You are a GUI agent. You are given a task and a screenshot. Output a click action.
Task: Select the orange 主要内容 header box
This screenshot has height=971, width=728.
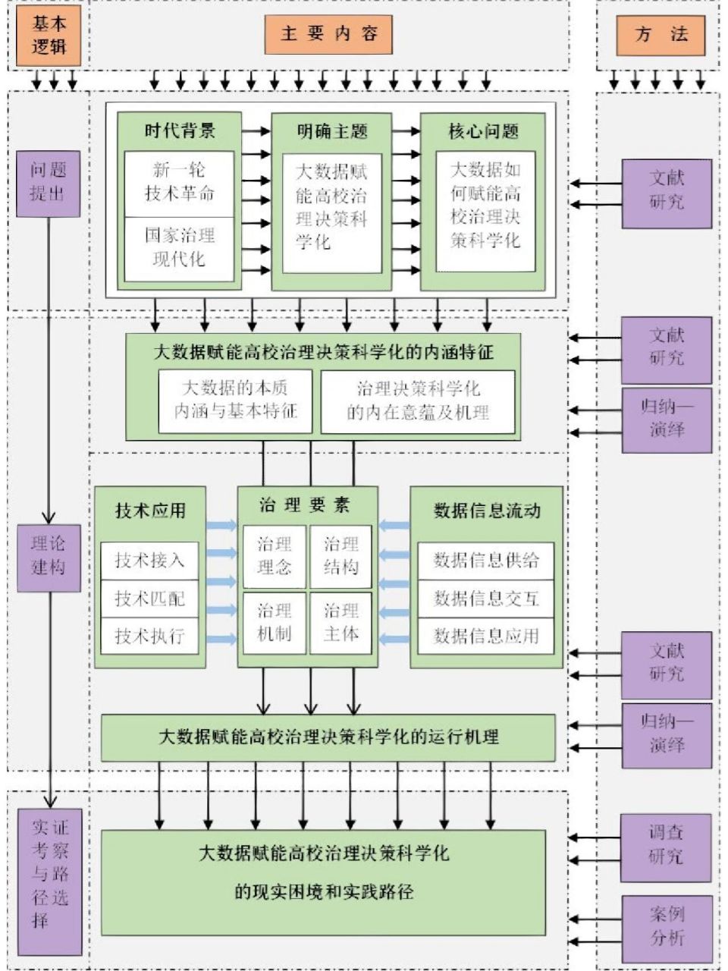[329, 34]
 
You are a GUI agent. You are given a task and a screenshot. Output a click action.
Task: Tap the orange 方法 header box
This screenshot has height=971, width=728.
[661, 35]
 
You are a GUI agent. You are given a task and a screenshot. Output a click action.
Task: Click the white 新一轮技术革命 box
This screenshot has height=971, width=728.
[180, 182]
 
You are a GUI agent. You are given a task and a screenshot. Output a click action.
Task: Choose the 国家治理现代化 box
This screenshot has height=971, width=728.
[180, 247]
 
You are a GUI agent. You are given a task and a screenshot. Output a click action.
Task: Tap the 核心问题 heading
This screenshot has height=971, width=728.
[483, 130]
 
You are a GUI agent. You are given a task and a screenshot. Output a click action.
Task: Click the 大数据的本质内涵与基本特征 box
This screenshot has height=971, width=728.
[235, 401]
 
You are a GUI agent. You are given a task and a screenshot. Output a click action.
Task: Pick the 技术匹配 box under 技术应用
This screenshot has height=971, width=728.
[149, 599]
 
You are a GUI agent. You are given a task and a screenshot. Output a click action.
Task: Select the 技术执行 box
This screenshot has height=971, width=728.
[149, 636]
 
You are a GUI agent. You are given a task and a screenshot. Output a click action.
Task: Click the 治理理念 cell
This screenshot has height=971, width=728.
[274, 556]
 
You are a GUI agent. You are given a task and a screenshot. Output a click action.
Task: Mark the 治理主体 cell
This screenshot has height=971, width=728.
[340, 623]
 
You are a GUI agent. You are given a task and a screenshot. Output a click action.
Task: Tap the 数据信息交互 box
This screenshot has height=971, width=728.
[486, 599]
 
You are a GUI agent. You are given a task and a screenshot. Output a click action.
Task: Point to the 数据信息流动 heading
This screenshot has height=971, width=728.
[487, 511]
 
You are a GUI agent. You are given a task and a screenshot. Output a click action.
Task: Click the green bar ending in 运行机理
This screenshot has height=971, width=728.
[328, 737]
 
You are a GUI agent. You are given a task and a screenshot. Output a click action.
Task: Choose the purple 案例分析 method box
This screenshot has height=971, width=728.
[666, 928]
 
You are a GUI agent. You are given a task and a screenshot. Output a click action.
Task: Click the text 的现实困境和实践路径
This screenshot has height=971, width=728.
[324, 891]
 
